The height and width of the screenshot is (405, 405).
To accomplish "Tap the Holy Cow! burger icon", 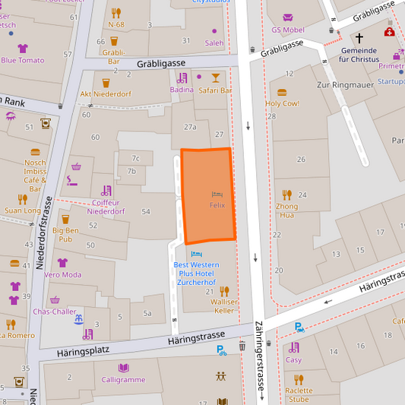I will (x=282, y=92).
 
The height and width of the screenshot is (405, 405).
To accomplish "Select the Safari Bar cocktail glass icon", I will (x=216, y=78).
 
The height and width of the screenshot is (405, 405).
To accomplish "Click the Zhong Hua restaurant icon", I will (x=286, y=195).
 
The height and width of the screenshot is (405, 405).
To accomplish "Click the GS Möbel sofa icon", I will (x=288, y=17).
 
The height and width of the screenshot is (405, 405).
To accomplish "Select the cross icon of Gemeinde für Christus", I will (x=359, y=36).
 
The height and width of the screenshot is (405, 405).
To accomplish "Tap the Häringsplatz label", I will (x=83, y=351).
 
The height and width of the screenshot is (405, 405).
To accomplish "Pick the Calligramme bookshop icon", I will (x=124, y=368).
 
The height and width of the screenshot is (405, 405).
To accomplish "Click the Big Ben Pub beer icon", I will (x=65, y=220).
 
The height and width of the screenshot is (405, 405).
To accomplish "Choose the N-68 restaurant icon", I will (x=115, y=13).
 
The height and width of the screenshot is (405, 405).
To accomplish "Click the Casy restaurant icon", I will (x=293, y=348).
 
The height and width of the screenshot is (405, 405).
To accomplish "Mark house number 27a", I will (x=190, y=127).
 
